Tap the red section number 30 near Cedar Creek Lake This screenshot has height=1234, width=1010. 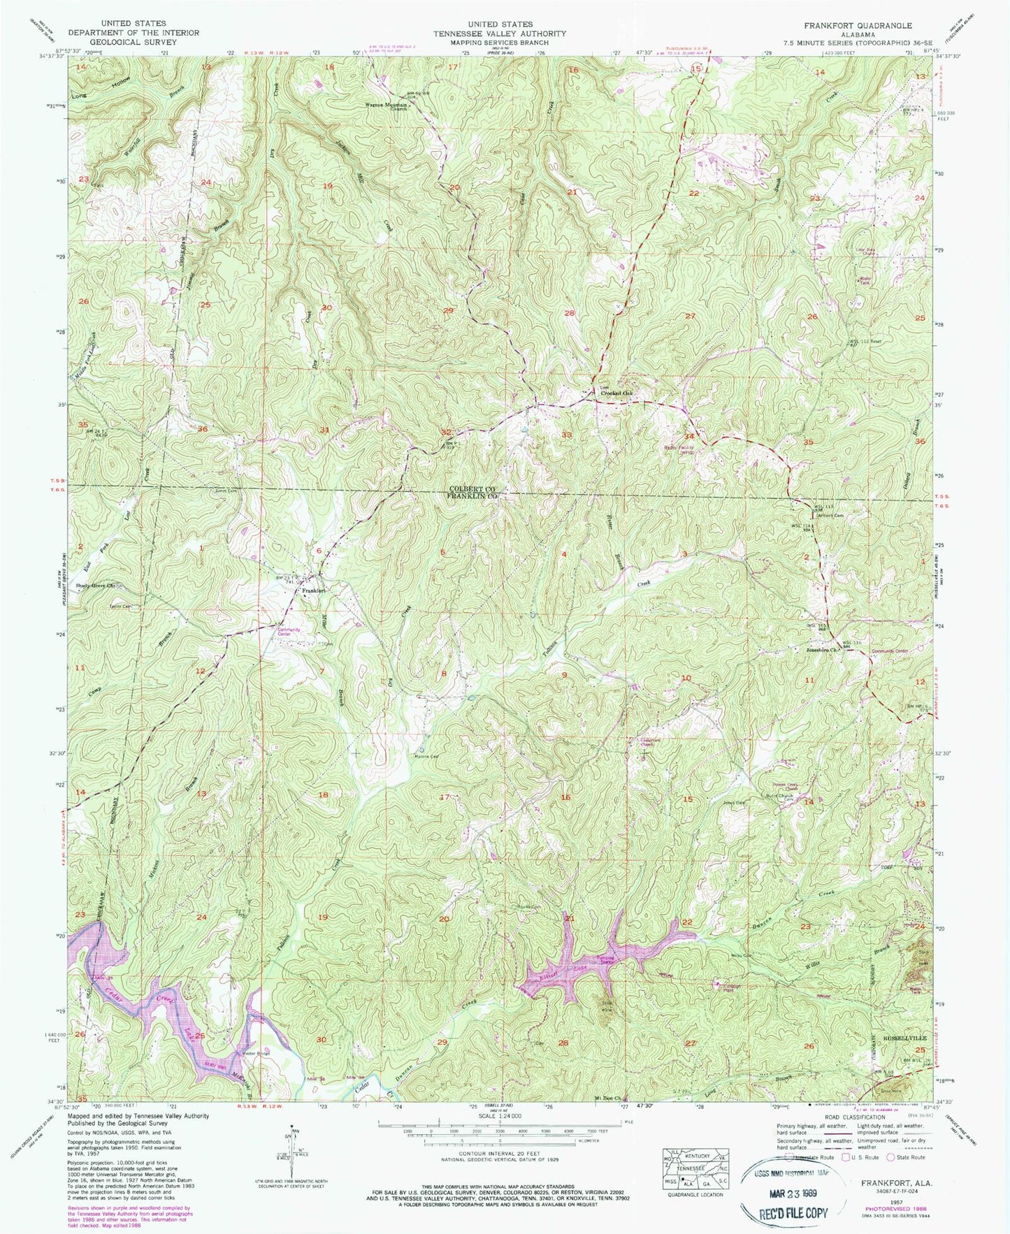point(321,1040)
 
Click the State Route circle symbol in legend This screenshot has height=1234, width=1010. point(890,1157)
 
